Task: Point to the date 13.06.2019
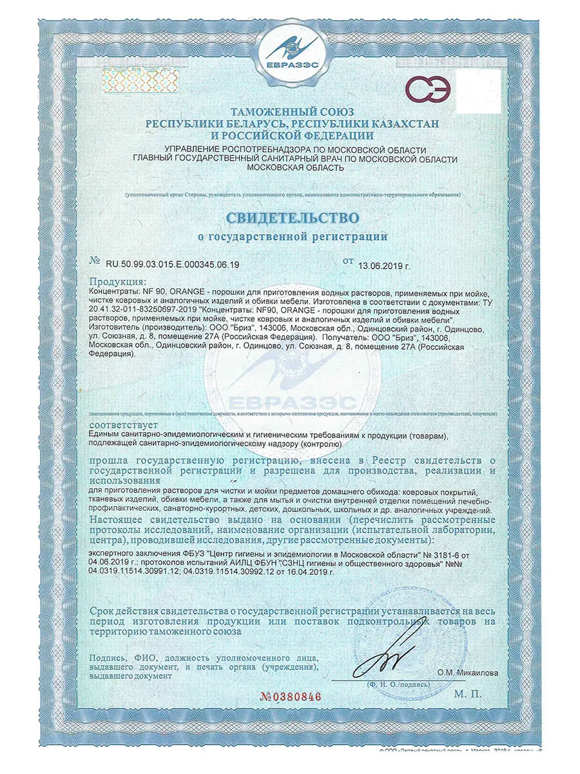pyautogui.click(x=383, y=264)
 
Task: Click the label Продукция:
pyautogui.click(x=118, y=282)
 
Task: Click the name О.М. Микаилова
pyautogui.click(x=467, y=672)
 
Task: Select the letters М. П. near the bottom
pyautogui.click(x=467, y=694)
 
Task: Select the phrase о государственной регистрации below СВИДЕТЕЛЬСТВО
pyautogui.click(x=292, y=236)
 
